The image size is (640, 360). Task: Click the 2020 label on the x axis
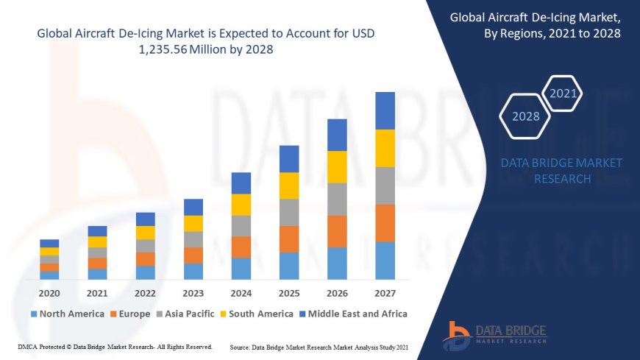click(x=49, y=292)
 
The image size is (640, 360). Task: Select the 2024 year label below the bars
click(x=241, y=292)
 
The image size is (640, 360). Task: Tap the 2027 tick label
click(x=385, y=292)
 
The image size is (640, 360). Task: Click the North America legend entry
click(x=67, y=314)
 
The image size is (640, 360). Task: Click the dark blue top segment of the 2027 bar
click(x=385, y=110)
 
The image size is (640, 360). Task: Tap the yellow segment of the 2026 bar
click(x=337, y=166)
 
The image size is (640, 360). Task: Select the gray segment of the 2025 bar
click(x=289, y=212)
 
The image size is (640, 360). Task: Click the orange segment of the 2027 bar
click(x=385, y=223)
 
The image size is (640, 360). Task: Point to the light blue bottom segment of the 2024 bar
click(x=241, y=269)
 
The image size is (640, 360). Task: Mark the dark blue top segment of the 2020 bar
click(x=49, y=243)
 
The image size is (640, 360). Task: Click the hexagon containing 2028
click(x=525, y=116)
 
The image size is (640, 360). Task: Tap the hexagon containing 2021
click(x=563, y=93)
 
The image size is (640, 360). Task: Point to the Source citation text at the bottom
click(x=319, y=346)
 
